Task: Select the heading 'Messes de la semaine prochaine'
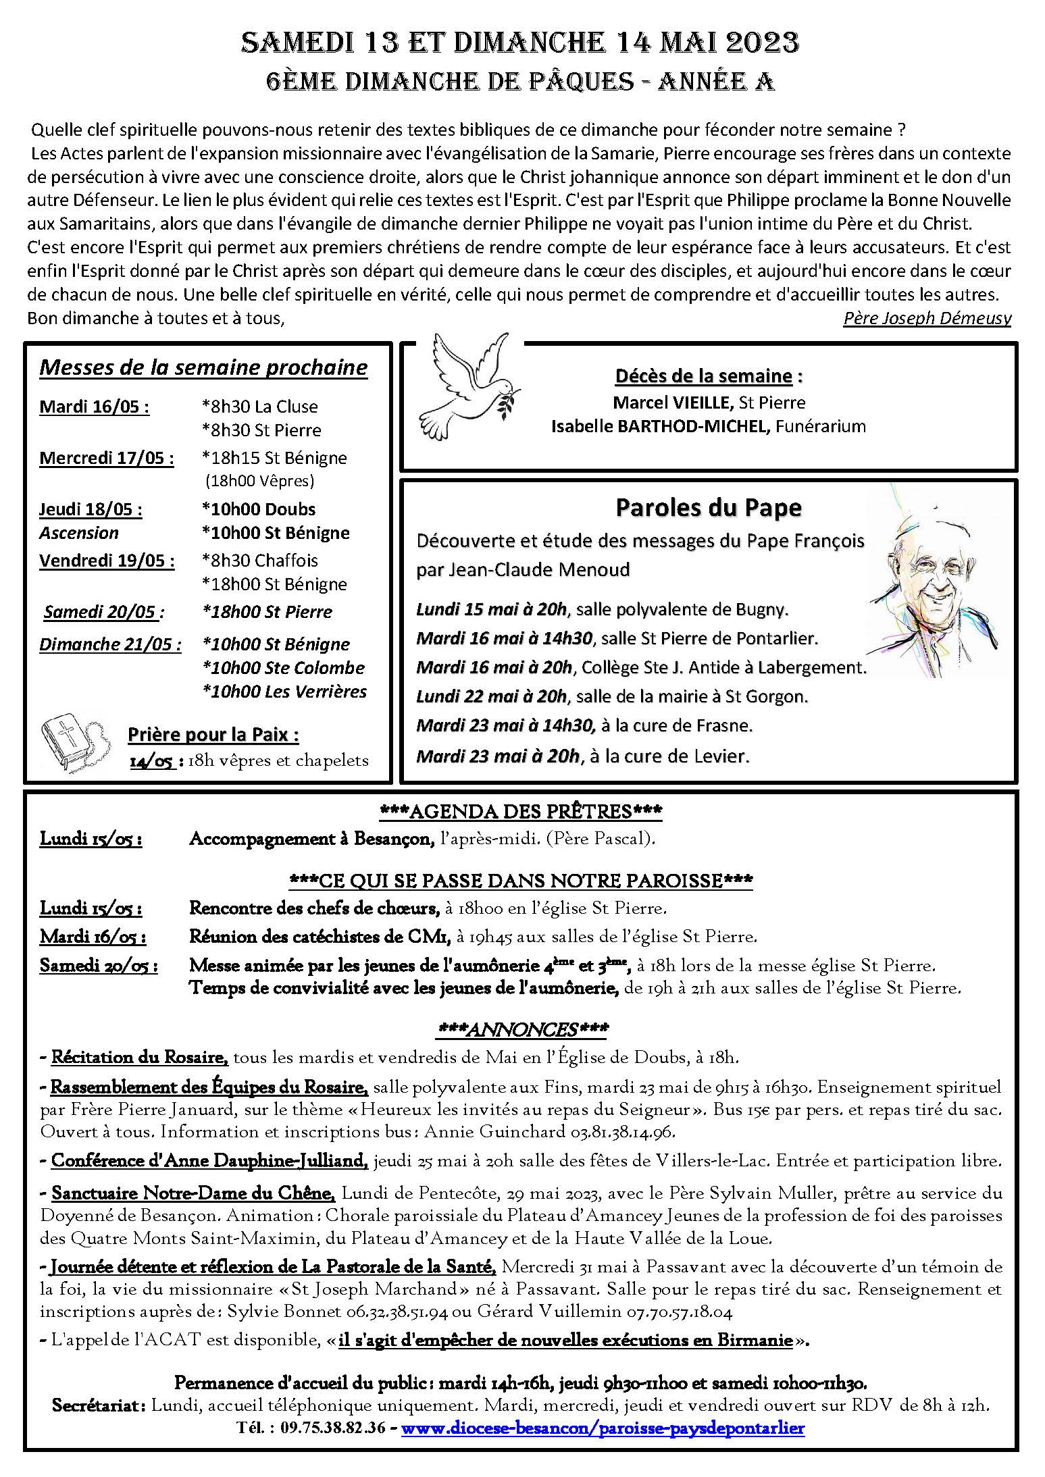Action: point(203,367)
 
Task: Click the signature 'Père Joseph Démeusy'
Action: point(927,317)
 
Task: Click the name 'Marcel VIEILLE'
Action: point(672,403)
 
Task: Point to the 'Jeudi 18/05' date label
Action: point(91,509)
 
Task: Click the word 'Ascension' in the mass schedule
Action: point(79,533)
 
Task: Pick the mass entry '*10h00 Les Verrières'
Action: point(284,692)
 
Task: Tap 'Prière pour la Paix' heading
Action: point(213,734)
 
